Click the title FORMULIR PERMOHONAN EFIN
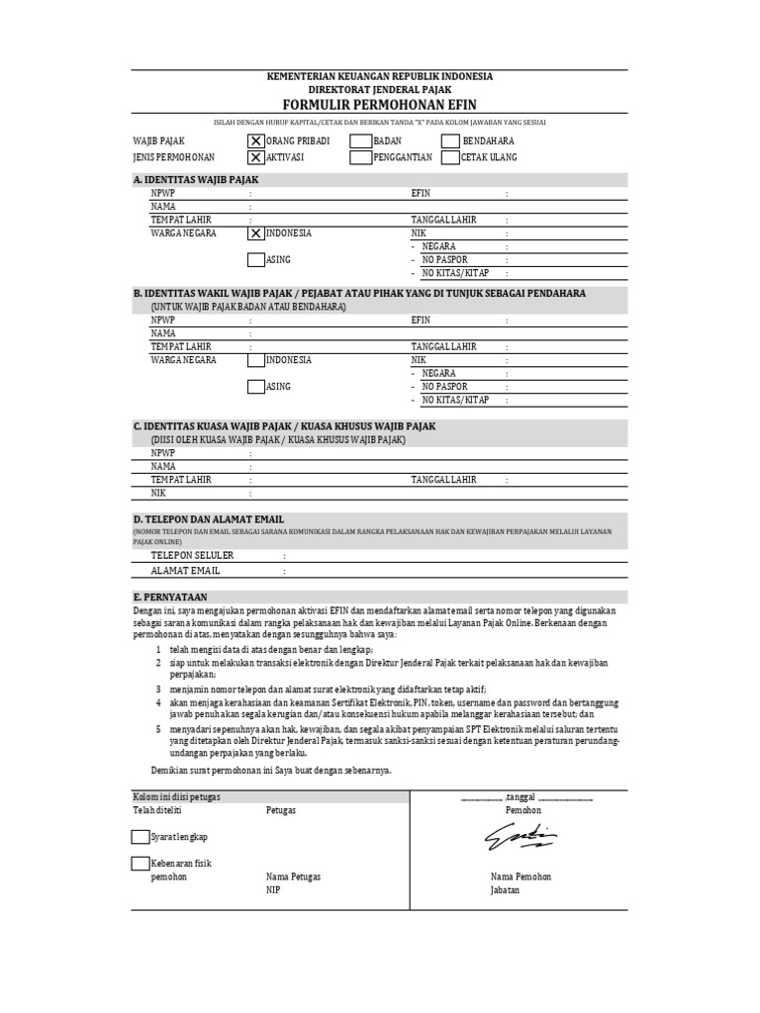click(x=380, y=105)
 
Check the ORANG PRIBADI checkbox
click(x=256, y=141)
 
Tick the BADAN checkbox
click(x=360, y=141)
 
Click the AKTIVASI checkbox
click(x=256, y=157)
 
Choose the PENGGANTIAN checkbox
click(x=360, y=157)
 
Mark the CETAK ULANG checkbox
click(x=450, y=157)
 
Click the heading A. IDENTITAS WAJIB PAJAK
click(x=195, y=180)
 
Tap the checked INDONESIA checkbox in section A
click(x=256, y=233)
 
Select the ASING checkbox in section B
click(x=256, y=387)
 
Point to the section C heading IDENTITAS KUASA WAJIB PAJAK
click(x=284, y=426)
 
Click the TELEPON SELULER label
click(x=192, y=555)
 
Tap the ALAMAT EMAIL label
click(x=185, y=571)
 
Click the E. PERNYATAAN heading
click(x=169, y=597)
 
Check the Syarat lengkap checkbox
click(x=140, y=837)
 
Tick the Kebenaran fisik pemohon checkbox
click(x=140, y=864)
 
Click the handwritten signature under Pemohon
click(x=520, y=838)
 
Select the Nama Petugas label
click(x=293, y=876)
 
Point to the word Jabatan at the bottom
click(x=505, y=889)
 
